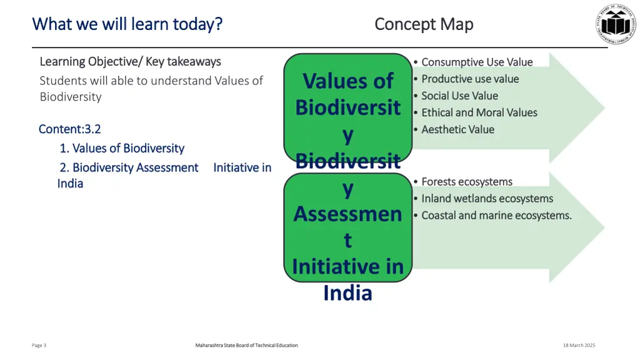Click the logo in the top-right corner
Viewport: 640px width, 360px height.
(616, 24)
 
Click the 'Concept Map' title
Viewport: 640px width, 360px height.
(424, 24)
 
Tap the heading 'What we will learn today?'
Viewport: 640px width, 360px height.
(127, 24)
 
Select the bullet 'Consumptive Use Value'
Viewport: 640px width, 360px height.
(476, 62)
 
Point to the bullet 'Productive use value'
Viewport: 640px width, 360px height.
(469, 79)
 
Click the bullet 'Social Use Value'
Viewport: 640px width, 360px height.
(459, 96)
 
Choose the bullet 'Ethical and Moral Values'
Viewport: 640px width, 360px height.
(479, 112)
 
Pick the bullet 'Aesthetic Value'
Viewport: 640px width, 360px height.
(457, 129)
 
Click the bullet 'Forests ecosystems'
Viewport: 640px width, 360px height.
(466, 182)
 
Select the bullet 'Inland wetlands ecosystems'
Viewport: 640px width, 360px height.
(487, 199)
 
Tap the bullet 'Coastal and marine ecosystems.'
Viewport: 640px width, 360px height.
(496, 216)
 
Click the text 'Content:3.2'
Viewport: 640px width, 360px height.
(69, 129)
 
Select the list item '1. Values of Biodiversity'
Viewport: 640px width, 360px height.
(122, 148)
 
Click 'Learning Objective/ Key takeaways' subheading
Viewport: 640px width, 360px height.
(130, 61)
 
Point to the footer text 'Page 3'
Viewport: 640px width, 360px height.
(39, 345)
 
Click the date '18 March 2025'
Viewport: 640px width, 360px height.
(579, 345)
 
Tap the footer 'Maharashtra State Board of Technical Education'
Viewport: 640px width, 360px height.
(246, 345)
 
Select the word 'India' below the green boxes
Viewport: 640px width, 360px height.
(347, 292)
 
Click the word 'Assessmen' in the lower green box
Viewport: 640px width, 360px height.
(347, 214)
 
